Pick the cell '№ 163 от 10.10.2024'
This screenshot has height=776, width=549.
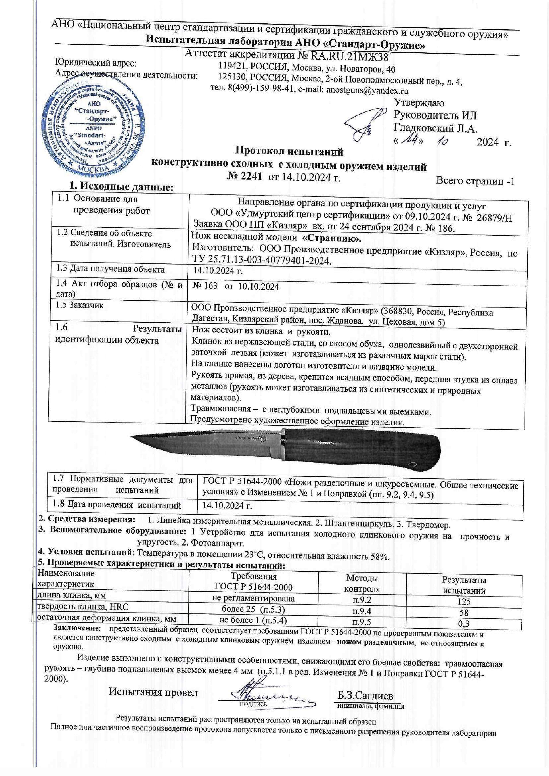pos(236,287)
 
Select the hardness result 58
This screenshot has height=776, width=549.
pos(464,613)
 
